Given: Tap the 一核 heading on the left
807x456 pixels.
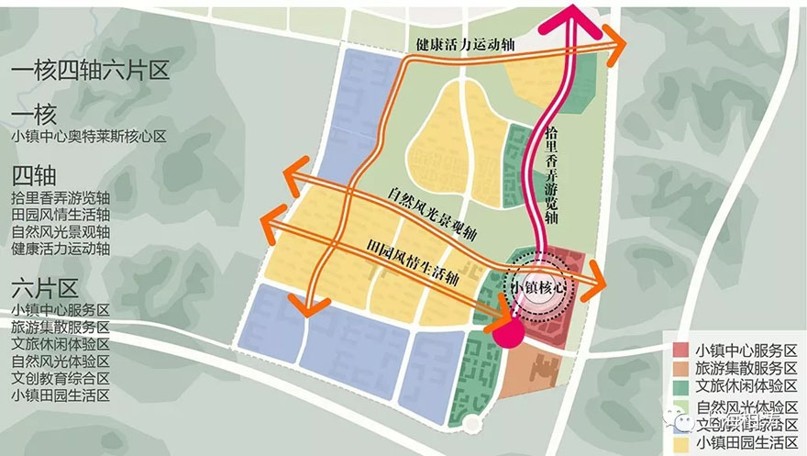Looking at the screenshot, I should pyautogui.click(x=35, y=115).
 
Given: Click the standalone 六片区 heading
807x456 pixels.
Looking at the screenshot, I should pyautogui.click(x=45, y=284).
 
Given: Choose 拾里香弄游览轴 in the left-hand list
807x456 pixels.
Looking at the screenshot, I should pyautogui.click(x=61, y=197).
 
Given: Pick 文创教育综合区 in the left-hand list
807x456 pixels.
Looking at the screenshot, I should pyautogui.click(x=61, y=377).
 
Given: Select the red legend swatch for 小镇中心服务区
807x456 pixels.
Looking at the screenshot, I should pyautogui.click(x=680, y=350).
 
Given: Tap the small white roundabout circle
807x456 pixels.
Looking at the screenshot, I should pyautogui.click(x=470, y=424).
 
